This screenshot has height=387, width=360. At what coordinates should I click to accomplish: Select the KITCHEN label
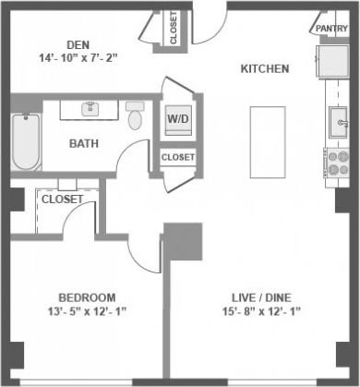coord(266,69)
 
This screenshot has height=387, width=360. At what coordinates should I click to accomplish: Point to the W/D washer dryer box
coord(176,120)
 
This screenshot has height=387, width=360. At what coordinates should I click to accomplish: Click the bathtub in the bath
coord(25,141)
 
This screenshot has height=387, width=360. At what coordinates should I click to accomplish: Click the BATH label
coord(85,143)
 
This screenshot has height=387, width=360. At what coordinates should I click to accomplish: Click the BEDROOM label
coord(88,296)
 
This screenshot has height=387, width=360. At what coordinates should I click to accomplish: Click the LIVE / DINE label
coord(261,296)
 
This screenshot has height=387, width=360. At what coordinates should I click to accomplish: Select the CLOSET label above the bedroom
coord(63,199)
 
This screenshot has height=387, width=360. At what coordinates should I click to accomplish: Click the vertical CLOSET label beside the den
coord(174,29)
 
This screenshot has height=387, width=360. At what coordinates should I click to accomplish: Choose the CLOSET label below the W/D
coord(178,157)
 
